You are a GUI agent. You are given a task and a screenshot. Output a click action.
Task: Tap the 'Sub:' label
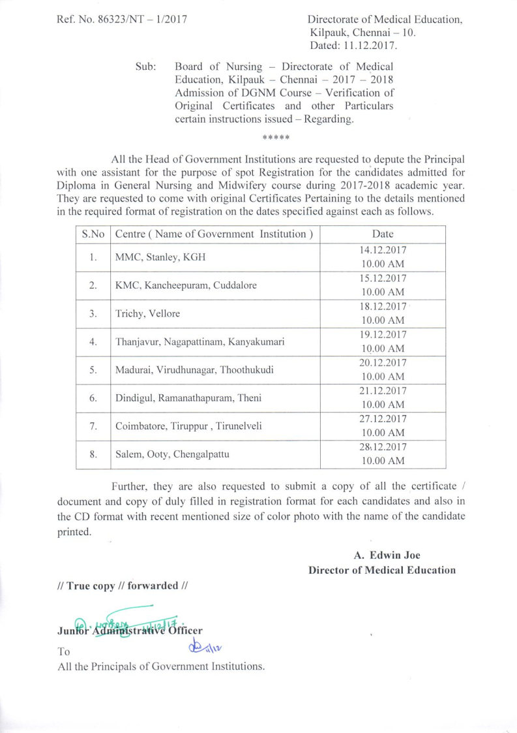(145, 67)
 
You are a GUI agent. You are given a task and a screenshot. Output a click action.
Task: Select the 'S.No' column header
(93, 234)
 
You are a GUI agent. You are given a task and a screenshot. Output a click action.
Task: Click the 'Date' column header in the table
(383, 234)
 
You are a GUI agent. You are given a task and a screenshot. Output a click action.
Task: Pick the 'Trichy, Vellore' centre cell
(147, 313)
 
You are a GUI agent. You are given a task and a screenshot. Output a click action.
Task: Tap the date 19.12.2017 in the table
(383, 335)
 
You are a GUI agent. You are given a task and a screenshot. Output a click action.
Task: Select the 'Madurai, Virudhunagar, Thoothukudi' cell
(194, 369)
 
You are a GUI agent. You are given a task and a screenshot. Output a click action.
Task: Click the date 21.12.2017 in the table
(383, 391)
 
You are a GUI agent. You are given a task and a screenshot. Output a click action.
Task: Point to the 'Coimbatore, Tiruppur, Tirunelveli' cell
(189, 426)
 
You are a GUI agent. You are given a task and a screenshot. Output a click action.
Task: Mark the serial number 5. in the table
(93, 369)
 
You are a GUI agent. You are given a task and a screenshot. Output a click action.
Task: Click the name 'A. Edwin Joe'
(387, 555)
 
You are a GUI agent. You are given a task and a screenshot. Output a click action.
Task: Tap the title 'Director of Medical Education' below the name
(382, 570)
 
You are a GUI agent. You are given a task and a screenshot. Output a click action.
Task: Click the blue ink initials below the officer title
(206, 647)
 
